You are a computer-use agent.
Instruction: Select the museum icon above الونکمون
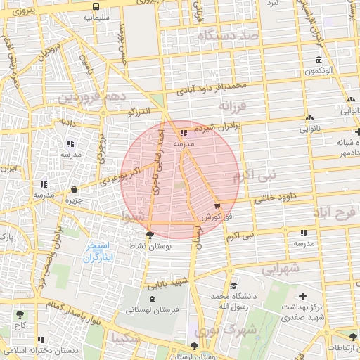(319, 59)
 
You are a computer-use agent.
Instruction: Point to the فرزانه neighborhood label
(233, 106)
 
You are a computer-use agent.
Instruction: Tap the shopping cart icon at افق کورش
(216, 205)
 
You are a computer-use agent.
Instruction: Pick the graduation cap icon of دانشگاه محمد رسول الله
(233, 286)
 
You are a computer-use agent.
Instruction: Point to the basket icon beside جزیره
(75, 189)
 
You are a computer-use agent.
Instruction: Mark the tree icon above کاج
(19, 314)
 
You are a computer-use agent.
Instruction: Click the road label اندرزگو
(139, 111)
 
